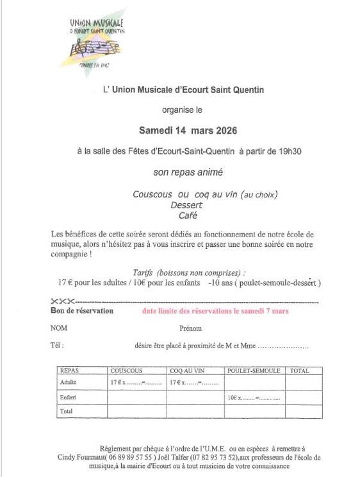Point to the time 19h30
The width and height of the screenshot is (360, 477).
point(288,151)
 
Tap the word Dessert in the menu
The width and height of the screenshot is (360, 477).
point(186,205)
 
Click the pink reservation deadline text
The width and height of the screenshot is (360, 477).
point(215,311)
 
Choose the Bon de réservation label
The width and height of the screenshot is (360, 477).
point(81,311)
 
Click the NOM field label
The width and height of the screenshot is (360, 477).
point(58,328)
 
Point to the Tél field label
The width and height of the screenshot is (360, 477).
point(57,346)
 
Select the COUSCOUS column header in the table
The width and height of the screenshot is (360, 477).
point(126,371)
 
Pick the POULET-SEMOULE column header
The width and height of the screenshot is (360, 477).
point(254,371)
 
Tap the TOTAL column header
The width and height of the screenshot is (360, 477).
point(299,371)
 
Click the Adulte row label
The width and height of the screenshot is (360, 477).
point(68,383)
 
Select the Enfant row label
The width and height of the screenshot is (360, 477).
point(68,398)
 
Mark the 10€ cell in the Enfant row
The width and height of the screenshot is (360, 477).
point(254,398)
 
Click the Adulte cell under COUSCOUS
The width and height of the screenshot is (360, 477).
point(136,383)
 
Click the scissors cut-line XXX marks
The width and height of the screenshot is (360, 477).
point(62,301)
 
